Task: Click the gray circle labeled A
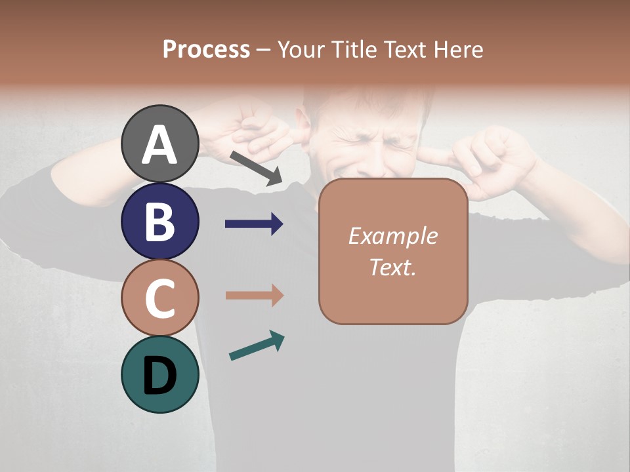(x=160, y=144)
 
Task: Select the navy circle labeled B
(x=160, y=222)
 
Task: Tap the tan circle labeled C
(x=160, y=298)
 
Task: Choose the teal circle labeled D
(x=160, y=374)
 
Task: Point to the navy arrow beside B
(x=254, y=224)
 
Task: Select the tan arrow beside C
(x=254, y=296)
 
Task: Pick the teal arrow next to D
(x=257, y=345)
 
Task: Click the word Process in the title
(x=206, y=50)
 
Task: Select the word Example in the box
(x=392, y=236)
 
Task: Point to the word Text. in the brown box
(x=392, y=267)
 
